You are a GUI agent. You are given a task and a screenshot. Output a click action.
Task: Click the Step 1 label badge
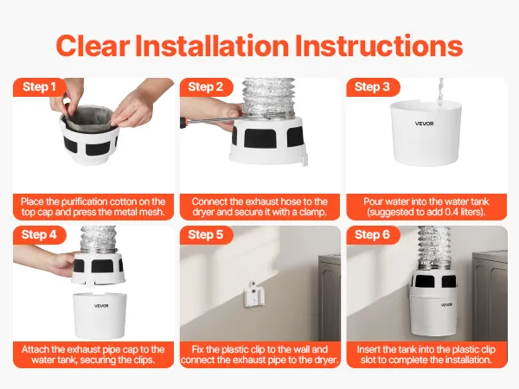coord(40,87)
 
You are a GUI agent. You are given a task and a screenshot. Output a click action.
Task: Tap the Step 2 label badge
coord(206,87)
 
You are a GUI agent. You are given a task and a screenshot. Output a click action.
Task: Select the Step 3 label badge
coord(373,87)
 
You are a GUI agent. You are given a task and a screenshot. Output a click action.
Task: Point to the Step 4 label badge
coord(40,235)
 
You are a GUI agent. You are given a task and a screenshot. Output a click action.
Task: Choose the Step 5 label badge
coord(206,235)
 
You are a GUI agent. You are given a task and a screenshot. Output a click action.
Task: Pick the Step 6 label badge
coord(373,235)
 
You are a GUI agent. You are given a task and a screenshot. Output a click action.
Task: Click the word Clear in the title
coord(93,46)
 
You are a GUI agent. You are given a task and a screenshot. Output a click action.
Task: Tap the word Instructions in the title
coord(378,46)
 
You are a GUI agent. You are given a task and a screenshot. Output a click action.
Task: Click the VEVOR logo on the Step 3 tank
coord(425,124)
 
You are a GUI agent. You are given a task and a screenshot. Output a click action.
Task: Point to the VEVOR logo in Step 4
coord(101,306)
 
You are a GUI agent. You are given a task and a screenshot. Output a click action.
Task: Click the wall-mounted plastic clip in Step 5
coord(253,294)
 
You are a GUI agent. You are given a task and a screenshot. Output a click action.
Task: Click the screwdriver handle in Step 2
coord(183,123)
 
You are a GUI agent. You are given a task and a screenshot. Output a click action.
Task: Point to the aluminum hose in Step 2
coord(268,98)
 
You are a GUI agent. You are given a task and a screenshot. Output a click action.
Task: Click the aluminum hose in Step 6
coord(434,248)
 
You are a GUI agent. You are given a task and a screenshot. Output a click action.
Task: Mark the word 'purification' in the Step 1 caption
coord(85,201)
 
